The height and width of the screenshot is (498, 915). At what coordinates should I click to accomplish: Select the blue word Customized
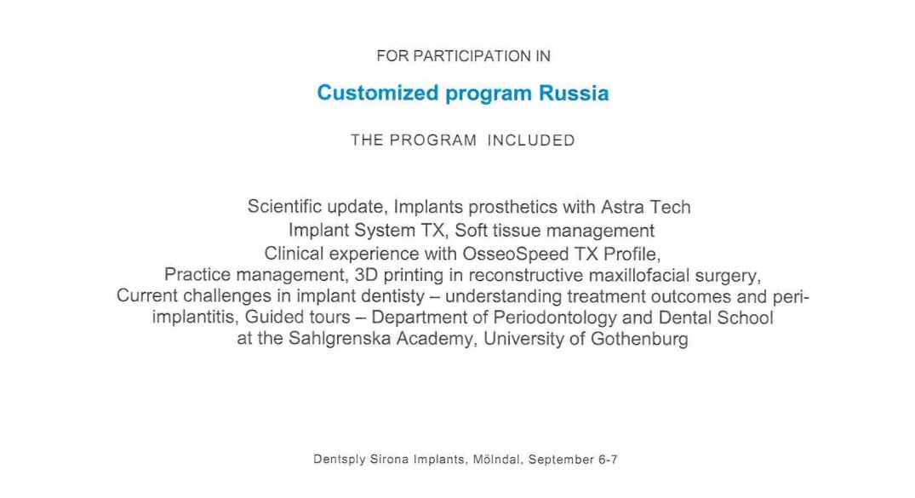[378, 94]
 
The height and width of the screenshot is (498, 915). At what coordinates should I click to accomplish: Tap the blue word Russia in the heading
[574, 94]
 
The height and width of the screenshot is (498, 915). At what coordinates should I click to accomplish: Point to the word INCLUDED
[531, 140]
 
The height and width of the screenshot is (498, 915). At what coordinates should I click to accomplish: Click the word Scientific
[285, 207]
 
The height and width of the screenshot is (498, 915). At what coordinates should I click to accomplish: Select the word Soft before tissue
[471, 231]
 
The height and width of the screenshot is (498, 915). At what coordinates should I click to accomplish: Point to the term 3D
[366, 275]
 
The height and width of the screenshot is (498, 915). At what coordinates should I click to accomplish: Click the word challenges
[227, 296]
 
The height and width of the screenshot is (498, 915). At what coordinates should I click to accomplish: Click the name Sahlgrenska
[340, 339]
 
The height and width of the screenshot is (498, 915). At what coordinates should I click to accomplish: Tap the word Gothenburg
[639, 339]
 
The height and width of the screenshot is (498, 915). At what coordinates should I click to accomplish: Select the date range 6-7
[608, 460]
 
